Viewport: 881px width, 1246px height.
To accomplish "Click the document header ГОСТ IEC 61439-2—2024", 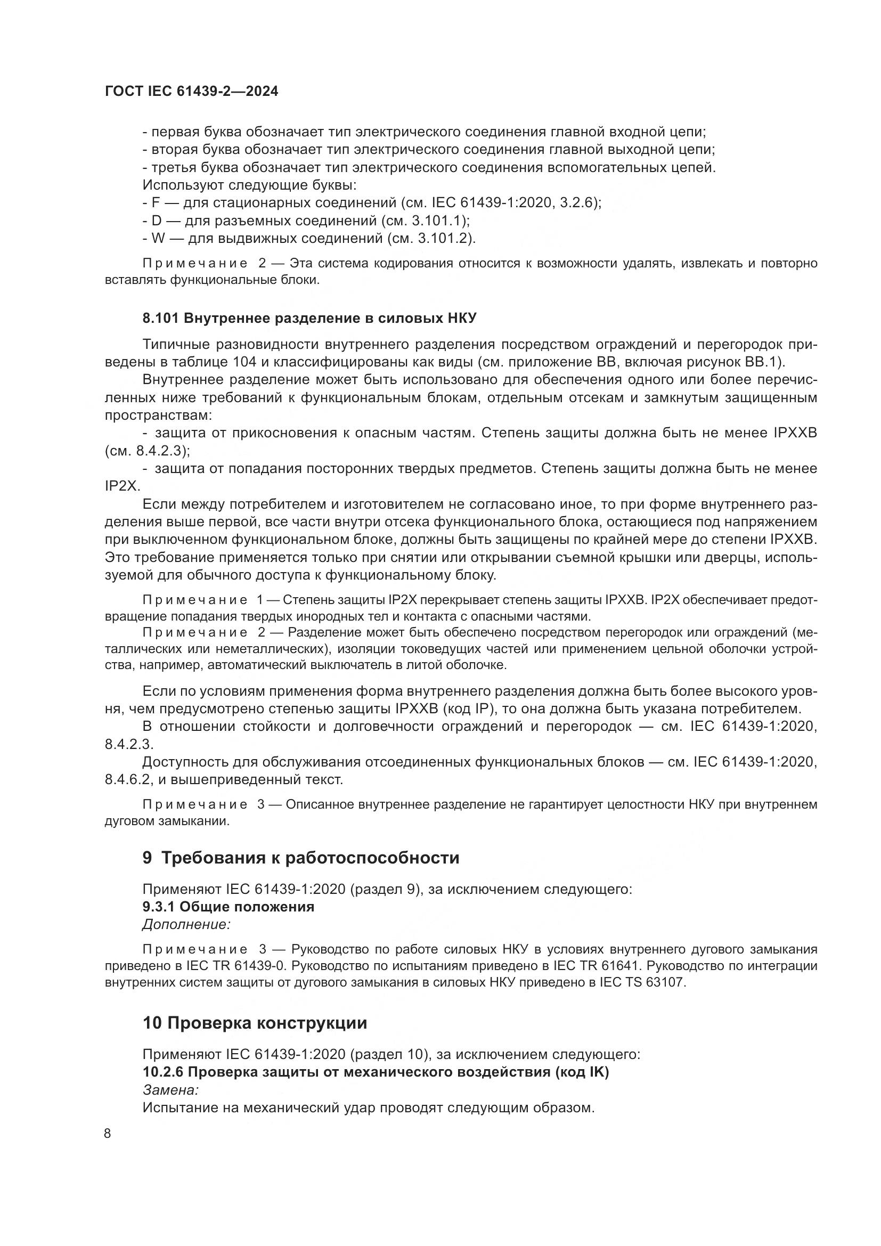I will (x=191, y=92).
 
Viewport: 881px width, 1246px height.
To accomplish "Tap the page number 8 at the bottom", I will (x=108, y=1134).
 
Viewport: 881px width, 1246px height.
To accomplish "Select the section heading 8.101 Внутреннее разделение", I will (x=309, y=318).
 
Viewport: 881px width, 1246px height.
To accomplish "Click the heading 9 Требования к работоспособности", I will (x=300, y=858).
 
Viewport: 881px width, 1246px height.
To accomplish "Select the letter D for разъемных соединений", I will (x=157, y=221).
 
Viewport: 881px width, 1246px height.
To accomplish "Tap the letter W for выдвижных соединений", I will (x=158, y=238).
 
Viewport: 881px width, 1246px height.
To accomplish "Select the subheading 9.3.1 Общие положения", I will (x=228, y=906).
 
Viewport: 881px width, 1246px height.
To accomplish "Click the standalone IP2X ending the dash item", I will (x=122, y=486).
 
